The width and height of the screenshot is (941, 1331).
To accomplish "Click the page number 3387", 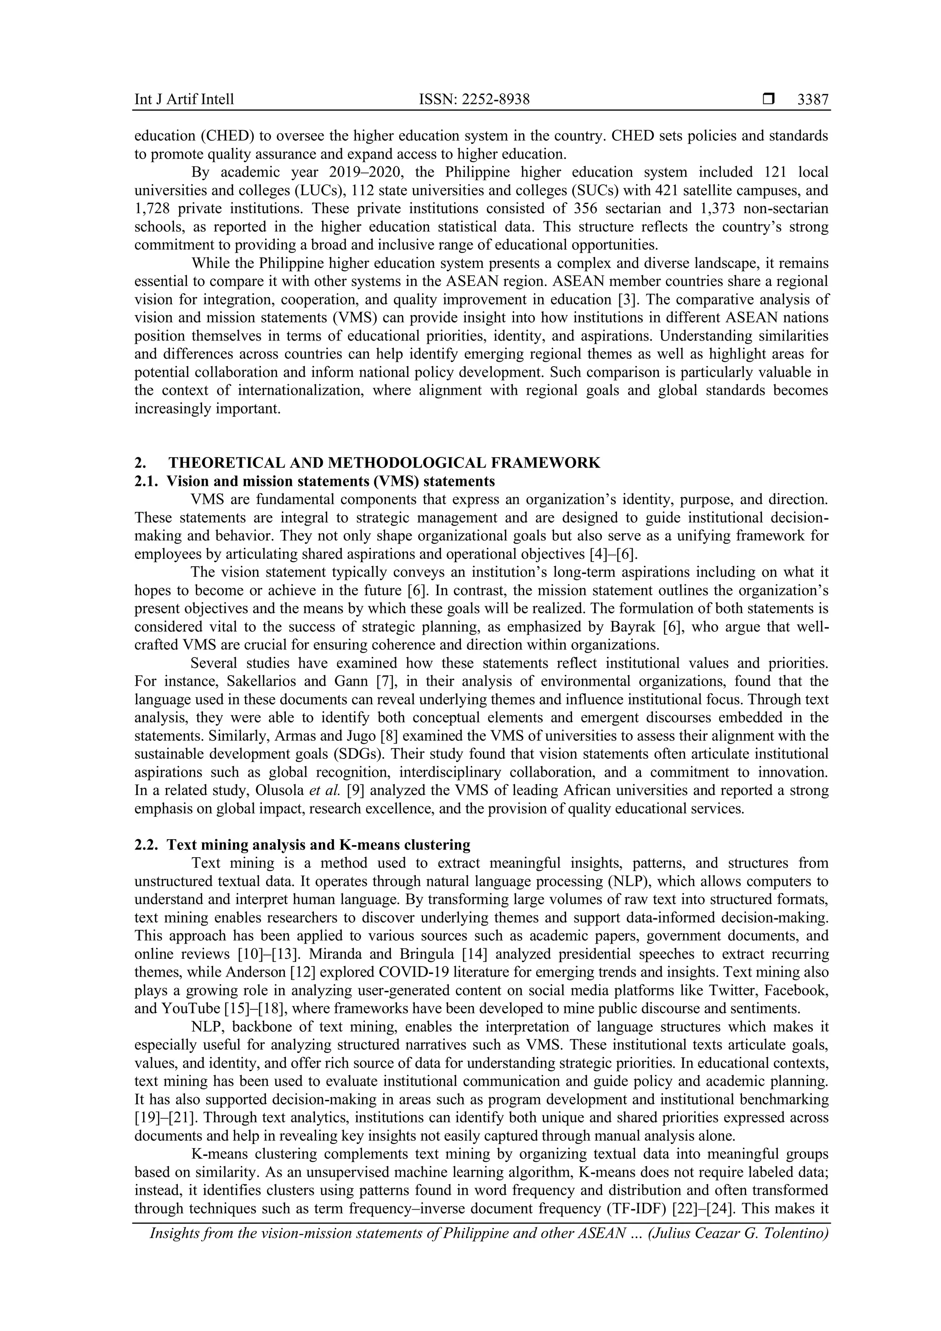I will point(812,100).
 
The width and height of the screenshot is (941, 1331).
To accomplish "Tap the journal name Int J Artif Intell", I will point(184,100).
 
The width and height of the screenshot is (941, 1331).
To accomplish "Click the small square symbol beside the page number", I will point(768,100).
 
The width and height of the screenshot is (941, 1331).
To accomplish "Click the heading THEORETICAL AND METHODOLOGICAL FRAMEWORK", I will point(384,463).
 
